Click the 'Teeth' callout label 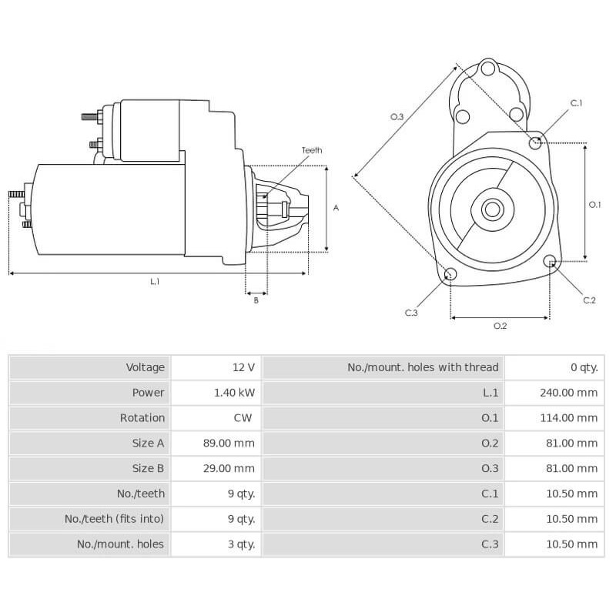[x=312, y=150]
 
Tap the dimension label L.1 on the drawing [x=155, y=282]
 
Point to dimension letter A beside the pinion [x=336, y=208]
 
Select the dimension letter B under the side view [x=256, y=300]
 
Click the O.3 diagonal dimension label [x=397, y=116]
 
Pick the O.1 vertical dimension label [x=594, y=204]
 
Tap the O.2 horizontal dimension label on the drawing [x=500, y=326]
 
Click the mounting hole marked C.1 [x=536, y=142]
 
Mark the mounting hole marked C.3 [x=451, y=275]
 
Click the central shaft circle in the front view [x=492, y=208]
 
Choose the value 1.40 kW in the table [x=234, y=393]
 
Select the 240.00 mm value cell [x=568, y=393]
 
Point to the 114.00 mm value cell [x=568, y=417]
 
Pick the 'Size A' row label [x=148, y=443]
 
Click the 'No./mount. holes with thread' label [x=423, y=367]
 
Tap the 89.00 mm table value [x=234, y=443]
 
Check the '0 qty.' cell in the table [x=584, y=367]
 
